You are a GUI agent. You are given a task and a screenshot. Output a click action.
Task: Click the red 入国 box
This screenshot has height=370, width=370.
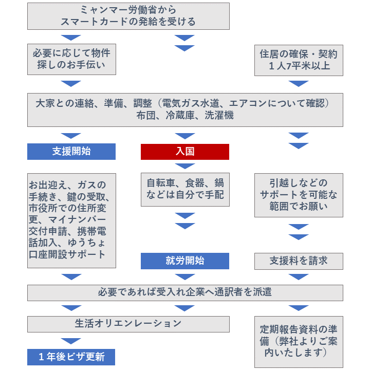(185, 152)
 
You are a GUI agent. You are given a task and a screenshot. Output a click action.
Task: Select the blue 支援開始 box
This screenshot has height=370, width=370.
(71, 152)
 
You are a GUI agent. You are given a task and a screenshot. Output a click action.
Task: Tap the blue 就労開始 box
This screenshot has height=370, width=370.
(185, 261)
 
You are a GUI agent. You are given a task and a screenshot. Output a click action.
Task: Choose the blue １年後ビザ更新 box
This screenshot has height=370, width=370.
(71, 357)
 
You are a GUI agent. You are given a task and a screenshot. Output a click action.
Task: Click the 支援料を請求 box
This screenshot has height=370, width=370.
(299, 261)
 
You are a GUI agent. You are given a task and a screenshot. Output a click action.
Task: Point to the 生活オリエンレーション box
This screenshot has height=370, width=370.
(128, 324)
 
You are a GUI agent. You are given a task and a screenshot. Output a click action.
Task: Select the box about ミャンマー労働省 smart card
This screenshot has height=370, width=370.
(128, 16)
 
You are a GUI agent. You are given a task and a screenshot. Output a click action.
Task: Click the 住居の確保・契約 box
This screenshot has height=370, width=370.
(299, 60)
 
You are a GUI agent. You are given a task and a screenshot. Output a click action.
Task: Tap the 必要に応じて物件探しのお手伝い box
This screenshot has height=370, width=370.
(71, 59)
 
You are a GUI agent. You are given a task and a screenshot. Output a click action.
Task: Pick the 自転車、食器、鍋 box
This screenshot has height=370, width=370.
(185, 190)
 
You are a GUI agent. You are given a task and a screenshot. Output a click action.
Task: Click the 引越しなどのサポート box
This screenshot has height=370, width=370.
(299, 195)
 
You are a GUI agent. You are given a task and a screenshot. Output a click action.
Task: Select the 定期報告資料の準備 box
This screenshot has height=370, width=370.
(299, 342)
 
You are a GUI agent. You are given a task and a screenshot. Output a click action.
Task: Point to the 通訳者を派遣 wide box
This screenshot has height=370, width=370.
(185, 293)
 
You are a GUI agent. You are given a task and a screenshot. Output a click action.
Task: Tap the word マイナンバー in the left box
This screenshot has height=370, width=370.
(77, 220)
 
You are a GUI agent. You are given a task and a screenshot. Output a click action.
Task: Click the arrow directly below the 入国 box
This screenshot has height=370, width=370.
(185, 165)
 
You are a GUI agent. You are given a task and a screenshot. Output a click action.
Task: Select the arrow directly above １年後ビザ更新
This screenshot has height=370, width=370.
(71, 341)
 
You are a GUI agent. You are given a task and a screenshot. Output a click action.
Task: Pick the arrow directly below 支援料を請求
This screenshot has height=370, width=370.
(299, 276)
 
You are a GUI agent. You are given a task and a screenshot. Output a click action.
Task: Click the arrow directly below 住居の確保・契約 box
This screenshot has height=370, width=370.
(299, 83)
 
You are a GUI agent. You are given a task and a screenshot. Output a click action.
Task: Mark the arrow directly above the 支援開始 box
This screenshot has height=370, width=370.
(71, 136)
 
